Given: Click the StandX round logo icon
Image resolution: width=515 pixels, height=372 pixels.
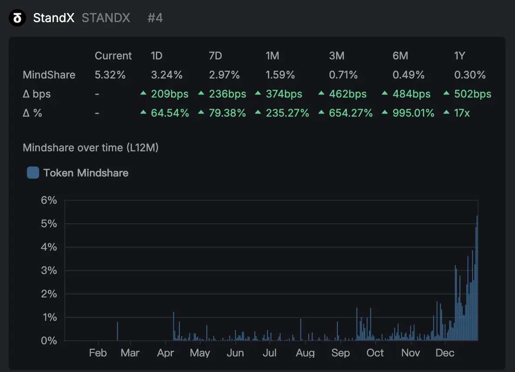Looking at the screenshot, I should click(x=17, y=18).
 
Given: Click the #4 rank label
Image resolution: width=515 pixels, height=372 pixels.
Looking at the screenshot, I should click(x=155, y=18).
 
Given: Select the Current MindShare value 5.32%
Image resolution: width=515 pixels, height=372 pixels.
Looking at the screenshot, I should click(x=110, y=75).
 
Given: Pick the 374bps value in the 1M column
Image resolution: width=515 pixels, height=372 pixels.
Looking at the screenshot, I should click(x=285, y=94).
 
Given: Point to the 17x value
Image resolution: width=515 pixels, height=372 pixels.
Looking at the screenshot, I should click(x=462, y=113).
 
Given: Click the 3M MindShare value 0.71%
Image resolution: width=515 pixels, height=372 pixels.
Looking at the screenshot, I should click(x=343, y=75).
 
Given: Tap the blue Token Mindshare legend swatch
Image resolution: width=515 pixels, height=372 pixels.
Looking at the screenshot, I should click(x=33, y=173).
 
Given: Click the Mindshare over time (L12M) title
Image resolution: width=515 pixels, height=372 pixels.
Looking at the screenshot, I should click(x=90, y=148).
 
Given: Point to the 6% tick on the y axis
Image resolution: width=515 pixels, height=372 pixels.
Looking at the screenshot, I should click(x=49, y=200).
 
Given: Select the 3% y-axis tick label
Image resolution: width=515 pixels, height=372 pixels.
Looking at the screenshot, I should click(x=49, y=271).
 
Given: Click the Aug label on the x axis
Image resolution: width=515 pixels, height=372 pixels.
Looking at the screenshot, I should click(x=305, y=353).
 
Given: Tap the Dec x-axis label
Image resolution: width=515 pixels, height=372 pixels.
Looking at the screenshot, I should click(x=445, y=353).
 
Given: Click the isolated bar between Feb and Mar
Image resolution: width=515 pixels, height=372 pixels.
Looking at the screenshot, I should click(x=117, y=331).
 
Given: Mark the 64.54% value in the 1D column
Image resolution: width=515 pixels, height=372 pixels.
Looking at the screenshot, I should click(x=170, y=113).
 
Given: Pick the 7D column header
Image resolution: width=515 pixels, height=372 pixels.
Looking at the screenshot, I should click(x=215, y=56).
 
